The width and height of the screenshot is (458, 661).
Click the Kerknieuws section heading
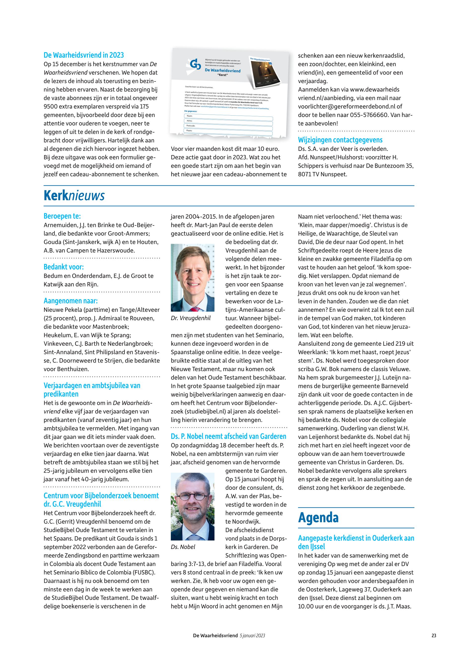[x=74, y=196]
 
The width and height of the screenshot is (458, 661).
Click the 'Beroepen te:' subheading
[x=62, y=216]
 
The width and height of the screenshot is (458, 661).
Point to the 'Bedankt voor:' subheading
[x=63, y=267]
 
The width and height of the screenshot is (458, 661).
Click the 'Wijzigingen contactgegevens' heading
[x=340, y=140]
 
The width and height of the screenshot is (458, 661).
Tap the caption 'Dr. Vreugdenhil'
[x=191, y=318]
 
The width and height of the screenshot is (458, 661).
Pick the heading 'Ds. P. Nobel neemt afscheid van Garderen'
[x=228, y=436]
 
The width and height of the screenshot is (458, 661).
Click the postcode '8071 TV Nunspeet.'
[x=322, y=174]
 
